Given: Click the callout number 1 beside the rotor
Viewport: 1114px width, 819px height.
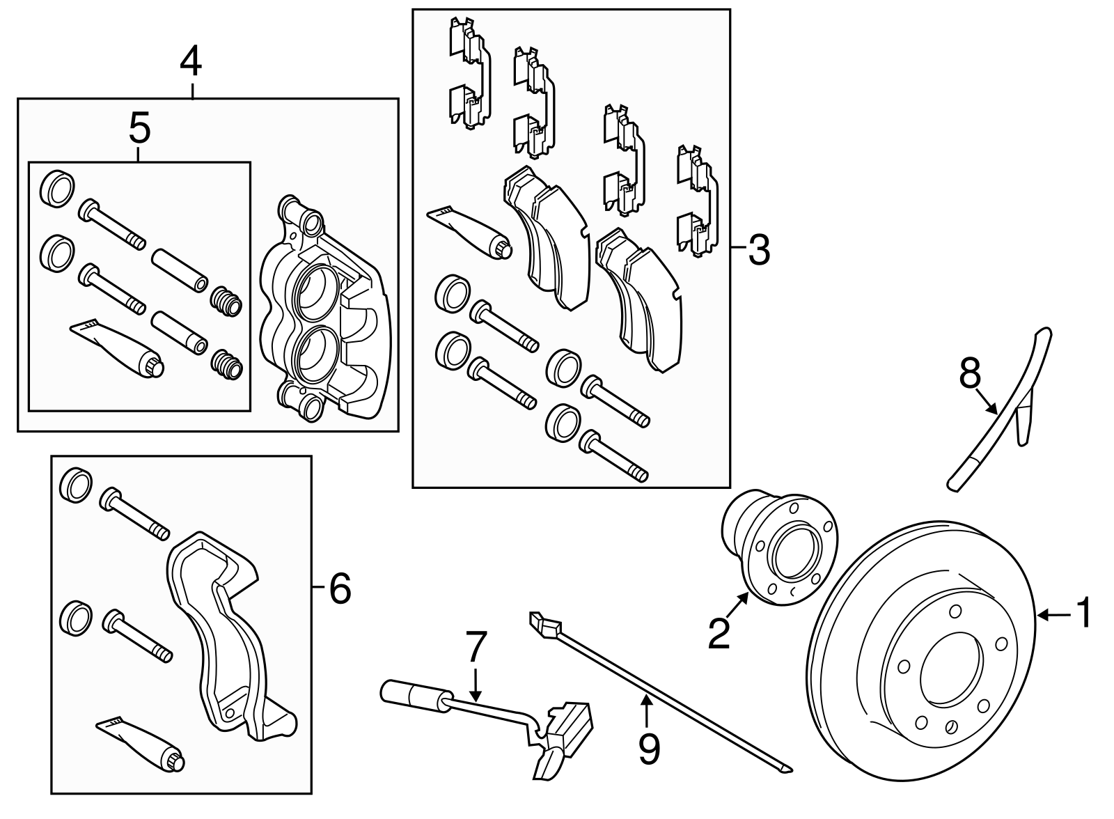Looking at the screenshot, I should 1084,614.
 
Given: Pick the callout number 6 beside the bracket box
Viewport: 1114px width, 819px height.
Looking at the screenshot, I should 340,589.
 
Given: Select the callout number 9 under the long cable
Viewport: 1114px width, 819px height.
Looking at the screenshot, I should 648,749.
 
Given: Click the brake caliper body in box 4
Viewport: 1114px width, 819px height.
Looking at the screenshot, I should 324,313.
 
